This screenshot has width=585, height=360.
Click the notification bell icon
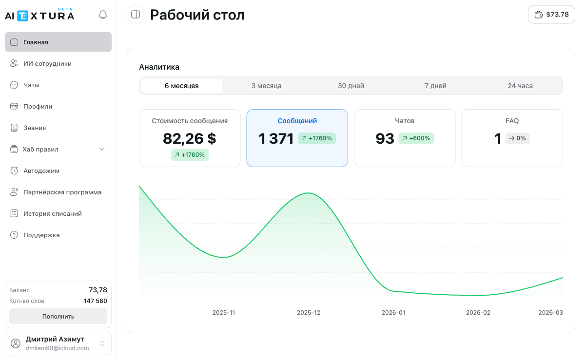[x=102, y=15]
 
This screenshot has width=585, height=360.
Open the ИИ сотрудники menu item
[x=47, y=63]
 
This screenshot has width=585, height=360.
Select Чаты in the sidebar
[x=31, y=85]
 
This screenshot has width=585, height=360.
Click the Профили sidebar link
[x=38, y=106]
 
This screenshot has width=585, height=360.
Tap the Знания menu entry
[x=35, y=128]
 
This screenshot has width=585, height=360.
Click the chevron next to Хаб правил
[x=102, y=149]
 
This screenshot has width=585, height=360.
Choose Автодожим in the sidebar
[x=41, y=171]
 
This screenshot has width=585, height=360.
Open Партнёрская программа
[x=62, y=192]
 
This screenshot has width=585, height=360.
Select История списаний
[x=53, y=213]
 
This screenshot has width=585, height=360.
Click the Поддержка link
[x=41, y=235]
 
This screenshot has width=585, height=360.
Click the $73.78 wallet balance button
[x=551, y=15]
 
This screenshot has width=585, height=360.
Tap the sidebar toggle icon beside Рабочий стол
[x=136, y=15]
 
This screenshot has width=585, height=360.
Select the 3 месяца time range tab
[x=266, y=86]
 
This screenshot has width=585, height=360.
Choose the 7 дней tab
[x=435, y=86]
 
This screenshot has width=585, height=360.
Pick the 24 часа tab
[x=520, y=86]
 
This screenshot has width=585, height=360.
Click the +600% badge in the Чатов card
[x=416, y=138]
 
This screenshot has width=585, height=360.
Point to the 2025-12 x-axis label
[x=309, y=313]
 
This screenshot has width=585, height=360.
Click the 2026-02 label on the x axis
[x=478, y=313]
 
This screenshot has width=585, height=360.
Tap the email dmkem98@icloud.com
[x=57, y=348]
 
